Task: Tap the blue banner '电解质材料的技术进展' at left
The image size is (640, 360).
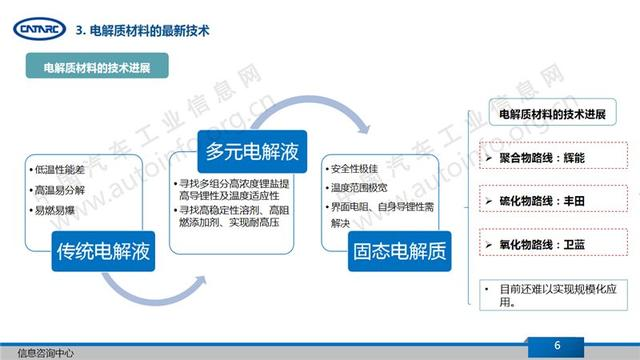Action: [96, 69]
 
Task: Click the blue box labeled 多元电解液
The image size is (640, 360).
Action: [245, 153]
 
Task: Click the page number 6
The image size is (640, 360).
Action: [585, 346]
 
